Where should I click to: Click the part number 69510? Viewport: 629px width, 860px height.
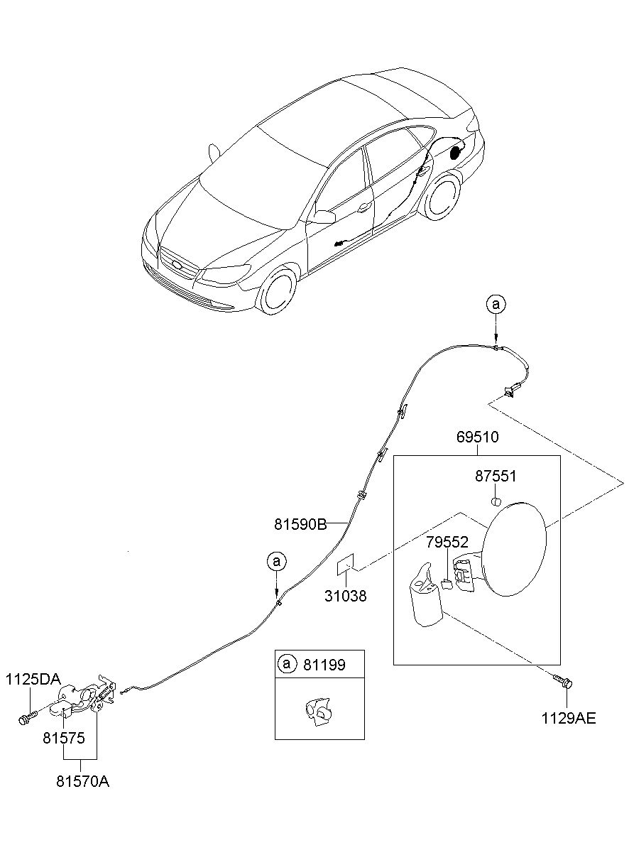(477, 437)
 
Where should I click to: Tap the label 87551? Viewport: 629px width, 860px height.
(496, 476)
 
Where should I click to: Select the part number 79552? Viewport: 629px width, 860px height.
(447, 542)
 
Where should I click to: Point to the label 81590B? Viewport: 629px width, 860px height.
(300, 524)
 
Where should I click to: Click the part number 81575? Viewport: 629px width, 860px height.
(64, 738)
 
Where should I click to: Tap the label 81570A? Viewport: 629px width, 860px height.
(83, 782)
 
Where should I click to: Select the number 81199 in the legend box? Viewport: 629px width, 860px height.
(324, 665)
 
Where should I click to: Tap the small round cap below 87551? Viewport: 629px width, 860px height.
(496, 501)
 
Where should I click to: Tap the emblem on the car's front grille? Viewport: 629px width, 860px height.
(177, 264)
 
